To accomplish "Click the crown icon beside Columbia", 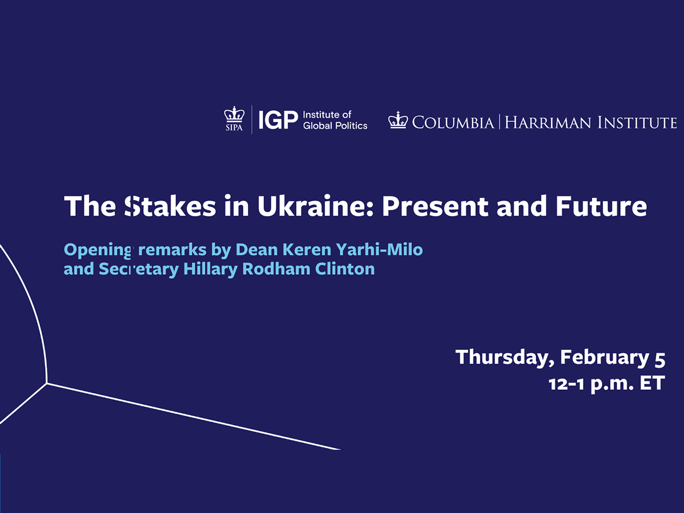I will (x=398, y=120).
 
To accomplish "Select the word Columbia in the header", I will (x=453, y=122).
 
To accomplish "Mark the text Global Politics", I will (x=335, y=125).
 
